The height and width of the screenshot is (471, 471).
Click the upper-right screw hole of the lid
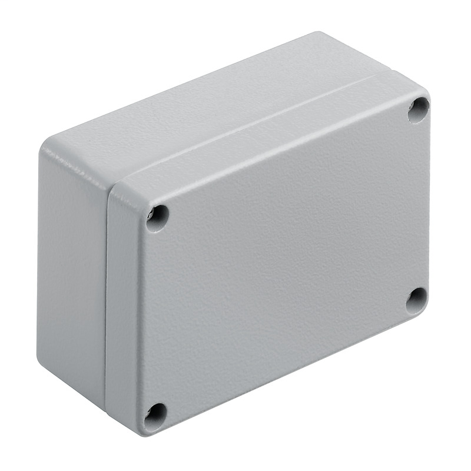click(x=418, y=110)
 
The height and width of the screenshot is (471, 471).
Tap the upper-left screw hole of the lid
click(x=157, y=218)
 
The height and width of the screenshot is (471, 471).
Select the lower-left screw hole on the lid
click(x=155, y=416)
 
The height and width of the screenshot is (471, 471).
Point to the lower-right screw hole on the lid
click(x=417, y=300)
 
